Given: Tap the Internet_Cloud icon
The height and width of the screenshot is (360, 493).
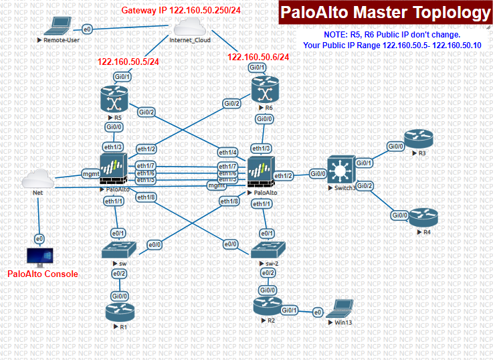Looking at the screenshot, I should pos(190,26).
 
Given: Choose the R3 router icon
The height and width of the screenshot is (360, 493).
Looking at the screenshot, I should pos(421,139).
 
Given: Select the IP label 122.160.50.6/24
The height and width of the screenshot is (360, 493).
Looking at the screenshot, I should pos(258,57).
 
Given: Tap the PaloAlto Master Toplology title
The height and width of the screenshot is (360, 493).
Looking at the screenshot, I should pos(385,13).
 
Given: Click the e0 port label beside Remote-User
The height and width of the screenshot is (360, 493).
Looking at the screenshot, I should pos(87,29).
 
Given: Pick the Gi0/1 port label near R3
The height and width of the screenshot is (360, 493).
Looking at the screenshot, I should pos(365,163).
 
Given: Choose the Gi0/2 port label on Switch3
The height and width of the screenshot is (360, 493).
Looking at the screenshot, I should pos(365,185).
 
